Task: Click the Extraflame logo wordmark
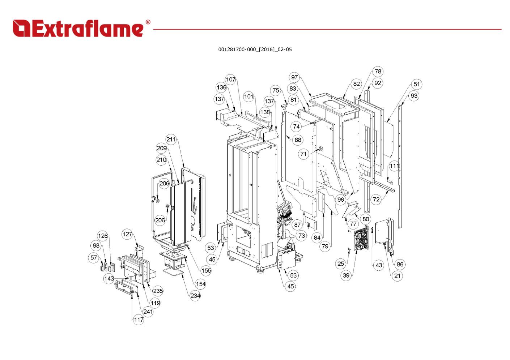[78, 29]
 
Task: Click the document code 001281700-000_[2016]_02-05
[255, 50]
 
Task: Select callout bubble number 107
[230, 80]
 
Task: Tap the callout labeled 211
[171, 140]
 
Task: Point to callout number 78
[378, 72]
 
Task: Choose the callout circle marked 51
[417, 84]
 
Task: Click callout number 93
[414, 96]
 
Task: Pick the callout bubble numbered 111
[394, 166]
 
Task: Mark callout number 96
[341, 200]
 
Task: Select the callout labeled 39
[346, 275]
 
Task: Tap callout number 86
[400, 264]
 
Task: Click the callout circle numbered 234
[195, 296]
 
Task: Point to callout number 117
[139, 320]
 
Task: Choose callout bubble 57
[94, 258]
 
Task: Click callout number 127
[127, 234]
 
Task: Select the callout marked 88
[298, 140]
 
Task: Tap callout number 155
[206, 271]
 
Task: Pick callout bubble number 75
[276, 90]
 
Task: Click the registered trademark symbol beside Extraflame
[148, 22]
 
